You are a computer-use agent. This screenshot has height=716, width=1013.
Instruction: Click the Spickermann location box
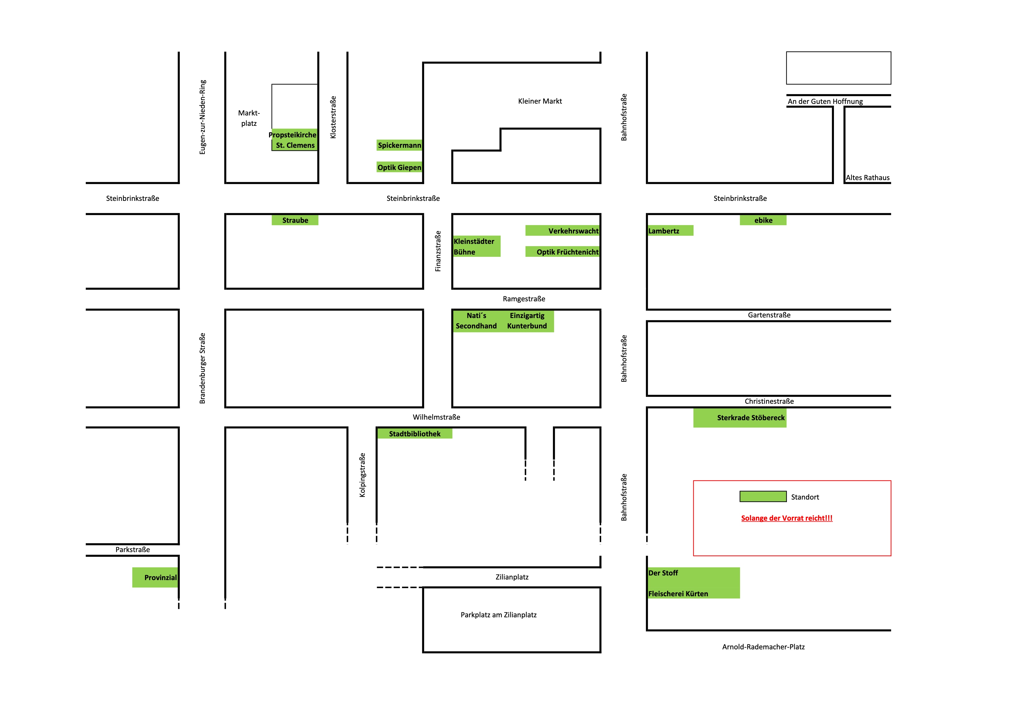click(399, 145)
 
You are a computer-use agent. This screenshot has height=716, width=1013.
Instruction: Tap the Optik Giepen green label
click(399, 167)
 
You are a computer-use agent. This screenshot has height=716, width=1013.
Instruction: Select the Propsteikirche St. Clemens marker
click(294, 140)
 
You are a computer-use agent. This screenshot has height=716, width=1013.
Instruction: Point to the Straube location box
click(295, 220)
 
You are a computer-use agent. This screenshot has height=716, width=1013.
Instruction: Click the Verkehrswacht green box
click(563, 231)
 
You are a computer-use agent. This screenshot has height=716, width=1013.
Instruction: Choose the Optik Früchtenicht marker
click(563, 252)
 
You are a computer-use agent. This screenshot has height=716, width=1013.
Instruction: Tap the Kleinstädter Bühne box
click(476, 246)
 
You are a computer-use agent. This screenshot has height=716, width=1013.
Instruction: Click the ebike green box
click(763, 220)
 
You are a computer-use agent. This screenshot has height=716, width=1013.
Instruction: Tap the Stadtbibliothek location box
click(414, 434)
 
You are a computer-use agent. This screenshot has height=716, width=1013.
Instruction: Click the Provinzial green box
click(155, 577)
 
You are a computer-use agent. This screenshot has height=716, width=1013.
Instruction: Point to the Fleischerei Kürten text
click(678, 594)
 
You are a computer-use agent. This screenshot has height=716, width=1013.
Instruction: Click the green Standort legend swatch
click(763, 496)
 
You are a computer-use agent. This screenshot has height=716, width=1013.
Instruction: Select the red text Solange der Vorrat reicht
click(787, 518)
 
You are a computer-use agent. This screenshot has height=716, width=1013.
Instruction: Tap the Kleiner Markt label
click(540, 101)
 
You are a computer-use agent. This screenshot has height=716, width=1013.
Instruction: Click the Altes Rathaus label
click(867, 178)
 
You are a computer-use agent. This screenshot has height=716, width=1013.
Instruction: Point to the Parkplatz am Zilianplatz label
click(498, 615)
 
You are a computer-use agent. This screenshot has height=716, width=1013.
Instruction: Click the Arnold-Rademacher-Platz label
click(763, 647)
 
